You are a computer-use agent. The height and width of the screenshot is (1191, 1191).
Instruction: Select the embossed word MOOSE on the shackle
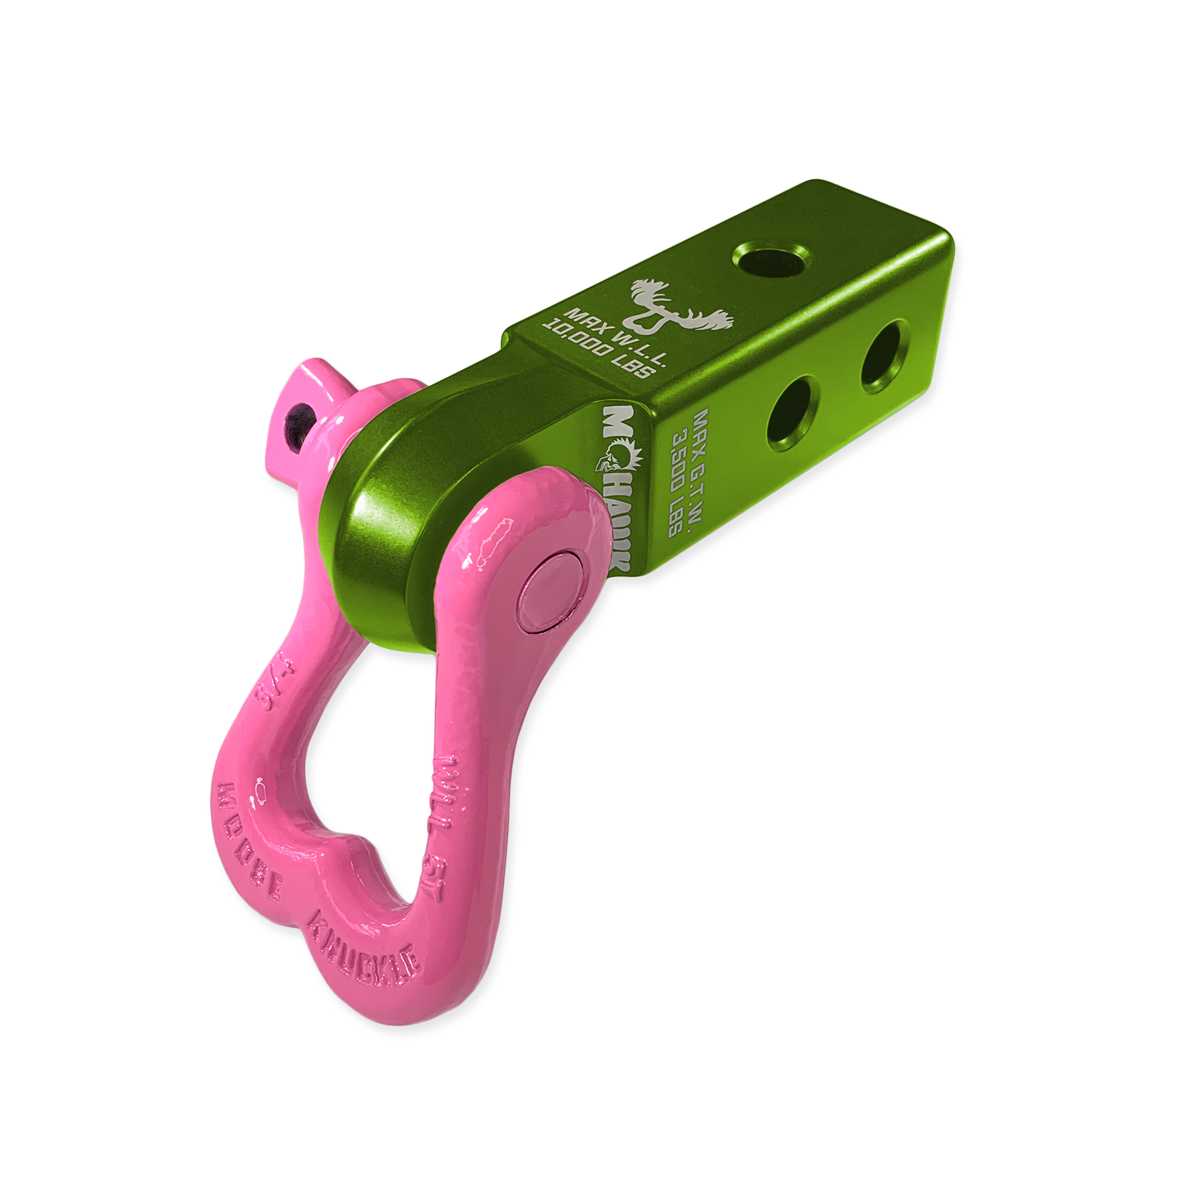click(x=255, y=844)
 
